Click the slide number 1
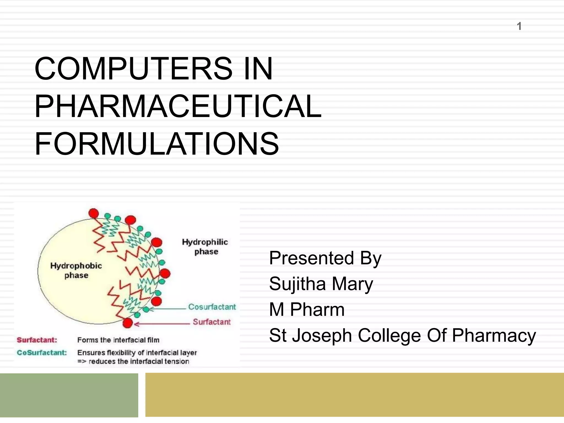519,26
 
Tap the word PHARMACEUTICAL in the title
178,106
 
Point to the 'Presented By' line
325,258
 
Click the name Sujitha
297,284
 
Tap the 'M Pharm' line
307,310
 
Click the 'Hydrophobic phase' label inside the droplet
76,270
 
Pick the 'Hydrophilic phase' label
205,247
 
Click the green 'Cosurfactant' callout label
212,307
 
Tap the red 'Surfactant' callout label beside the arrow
211,322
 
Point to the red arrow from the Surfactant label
162,324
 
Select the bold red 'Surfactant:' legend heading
37,340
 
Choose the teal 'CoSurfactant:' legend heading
42,353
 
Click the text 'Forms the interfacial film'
118,340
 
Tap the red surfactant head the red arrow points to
128,323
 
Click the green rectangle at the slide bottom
69,395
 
